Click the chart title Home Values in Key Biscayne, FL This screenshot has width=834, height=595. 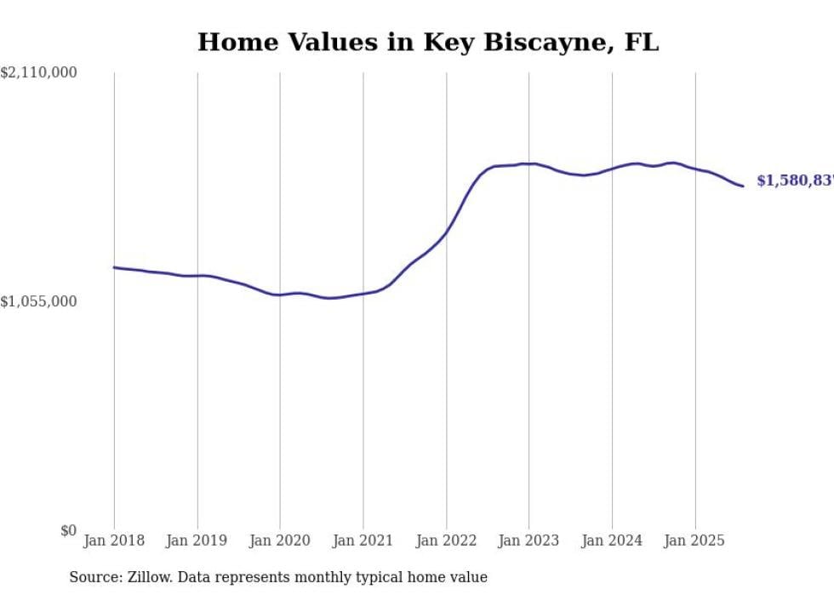pos(428,42)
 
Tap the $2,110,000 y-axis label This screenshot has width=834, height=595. pos(39,73)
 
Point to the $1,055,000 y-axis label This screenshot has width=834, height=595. pos(39,301)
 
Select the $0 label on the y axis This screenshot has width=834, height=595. pos(68,530)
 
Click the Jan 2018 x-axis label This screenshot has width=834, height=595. pos(114,541)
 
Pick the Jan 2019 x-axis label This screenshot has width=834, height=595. pos(197,541)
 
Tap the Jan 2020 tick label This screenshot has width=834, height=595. pos(280,541)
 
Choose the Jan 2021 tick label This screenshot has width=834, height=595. pos(363,541)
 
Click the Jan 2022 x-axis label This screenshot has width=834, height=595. pos(446,541)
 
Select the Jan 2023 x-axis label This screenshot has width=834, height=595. pos(528,541)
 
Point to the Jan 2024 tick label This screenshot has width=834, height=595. pos(612,541)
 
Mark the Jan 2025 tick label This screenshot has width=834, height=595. pos(694,541)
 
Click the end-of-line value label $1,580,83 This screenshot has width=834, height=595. pos(795,180)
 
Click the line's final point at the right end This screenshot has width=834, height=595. pos(743,186)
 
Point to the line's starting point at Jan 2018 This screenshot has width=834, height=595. pos(114,267)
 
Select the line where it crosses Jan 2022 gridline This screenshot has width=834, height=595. pos(446,232)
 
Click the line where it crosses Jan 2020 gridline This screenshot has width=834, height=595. pos(280,295)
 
